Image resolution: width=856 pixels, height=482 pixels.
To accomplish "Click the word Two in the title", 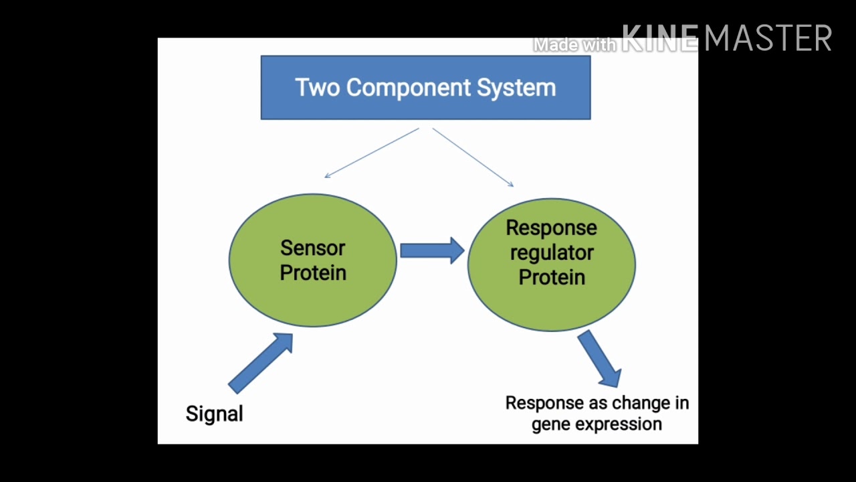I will [x=318, y=88].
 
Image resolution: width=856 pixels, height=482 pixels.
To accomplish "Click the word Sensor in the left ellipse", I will [x=312, y=248].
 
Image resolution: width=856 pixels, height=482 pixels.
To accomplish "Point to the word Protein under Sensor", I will [x=312, y=273].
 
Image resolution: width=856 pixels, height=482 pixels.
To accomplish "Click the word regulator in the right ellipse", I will [x=552, y=253].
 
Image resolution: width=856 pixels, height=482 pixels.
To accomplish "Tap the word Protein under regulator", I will [x=552, y=277].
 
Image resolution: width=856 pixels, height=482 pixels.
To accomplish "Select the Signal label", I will [x=214, y=414].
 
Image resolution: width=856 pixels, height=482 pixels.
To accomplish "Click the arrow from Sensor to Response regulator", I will [x=432, y=250].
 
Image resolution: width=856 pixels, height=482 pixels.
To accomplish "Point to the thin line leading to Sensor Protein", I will [x=371, y=153].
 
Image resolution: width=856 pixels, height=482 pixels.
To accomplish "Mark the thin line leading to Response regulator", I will [x=473, y=157].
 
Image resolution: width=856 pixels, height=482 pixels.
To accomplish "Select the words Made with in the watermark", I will [x=574, y=45].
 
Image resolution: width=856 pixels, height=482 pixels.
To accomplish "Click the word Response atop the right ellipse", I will [x=552, y=228].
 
